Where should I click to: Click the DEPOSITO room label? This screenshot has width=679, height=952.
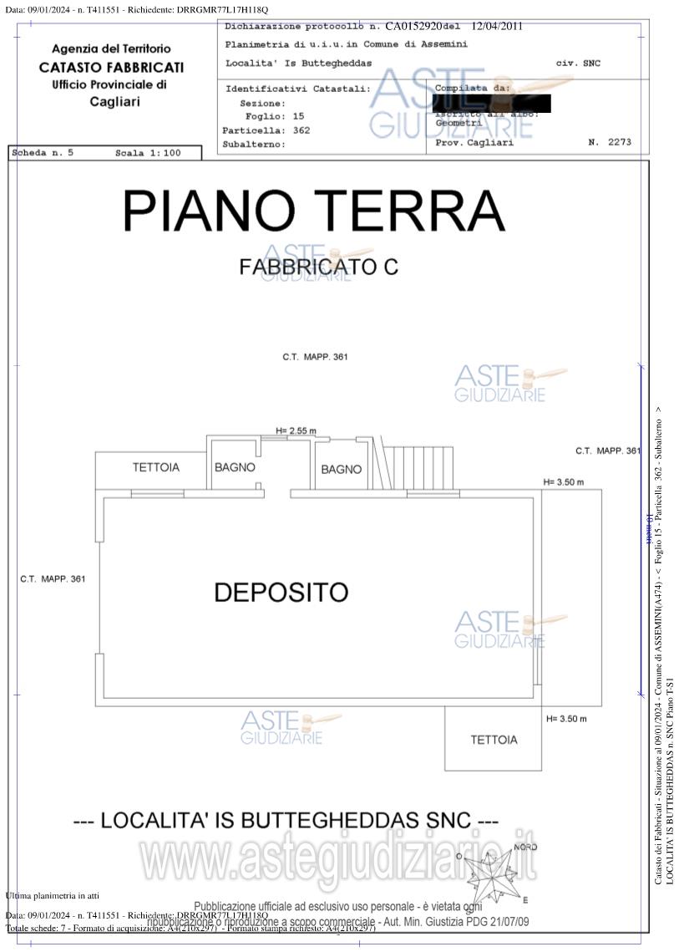[x=281, y=593]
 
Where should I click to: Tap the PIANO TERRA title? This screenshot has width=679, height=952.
[x=314, y=211]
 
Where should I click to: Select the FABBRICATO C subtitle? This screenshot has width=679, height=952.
[x=318, y=267]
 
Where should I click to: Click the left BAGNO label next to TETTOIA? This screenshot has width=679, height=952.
[x=235, y=467]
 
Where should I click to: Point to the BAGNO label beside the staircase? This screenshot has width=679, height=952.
[x=342, y=469]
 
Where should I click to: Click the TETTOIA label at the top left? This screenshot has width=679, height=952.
[x=155, y=467]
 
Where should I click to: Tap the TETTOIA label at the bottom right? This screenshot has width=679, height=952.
[x=494, y=740]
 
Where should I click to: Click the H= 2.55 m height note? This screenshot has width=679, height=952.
[x=296, y=431]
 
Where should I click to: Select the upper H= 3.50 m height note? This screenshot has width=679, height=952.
[x=563, y=482]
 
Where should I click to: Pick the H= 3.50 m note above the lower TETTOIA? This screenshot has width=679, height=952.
[x=566, y=719]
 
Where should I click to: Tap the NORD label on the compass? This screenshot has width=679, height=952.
[x=525, y=848]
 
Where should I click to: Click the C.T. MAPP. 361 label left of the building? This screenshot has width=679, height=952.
[x=53, y=578]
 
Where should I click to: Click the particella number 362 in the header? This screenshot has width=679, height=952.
[x=301, y=130]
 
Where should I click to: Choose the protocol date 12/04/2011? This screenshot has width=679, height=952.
[x=497, y=26]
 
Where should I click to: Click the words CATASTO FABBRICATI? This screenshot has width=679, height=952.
[x=111, y=67]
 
